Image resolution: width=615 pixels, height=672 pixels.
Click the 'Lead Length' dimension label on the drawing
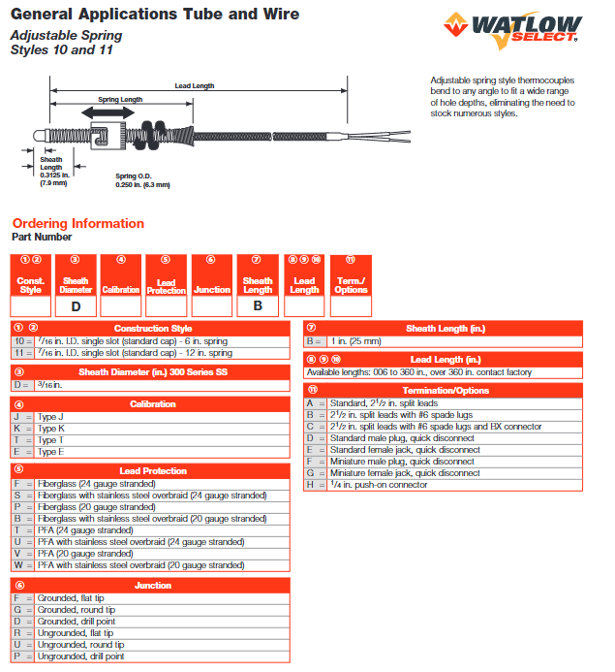tap(195, 86)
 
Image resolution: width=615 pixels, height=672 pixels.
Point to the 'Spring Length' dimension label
tap(119, 100)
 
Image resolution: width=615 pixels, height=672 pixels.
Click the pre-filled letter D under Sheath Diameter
tap(76, 305)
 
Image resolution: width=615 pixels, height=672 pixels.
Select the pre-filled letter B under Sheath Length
tap(258, 305)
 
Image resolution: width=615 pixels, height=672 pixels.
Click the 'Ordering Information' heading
tap(77, 224)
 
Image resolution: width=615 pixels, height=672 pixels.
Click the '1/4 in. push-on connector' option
tap(380, 485)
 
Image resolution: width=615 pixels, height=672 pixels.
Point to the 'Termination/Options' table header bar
tap(446, 390)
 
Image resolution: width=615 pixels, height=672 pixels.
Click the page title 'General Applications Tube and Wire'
tap(155, 15)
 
